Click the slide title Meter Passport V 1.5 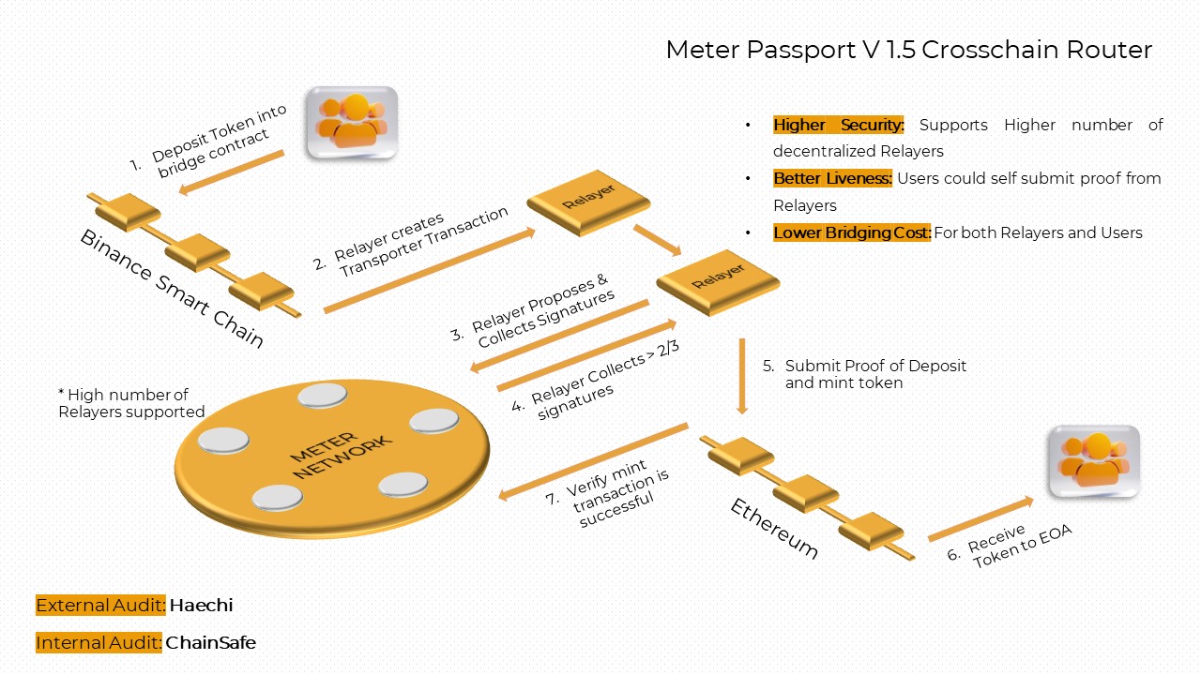pos(908,50)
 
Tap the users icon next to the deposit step pos(352,123)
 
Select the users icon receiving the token pos(1094,461)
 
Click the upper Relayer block pos(588,201)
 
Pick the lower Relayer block pos(718,280)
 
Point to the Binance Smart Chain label pos(172,287)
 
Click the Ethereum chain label pos(774,528)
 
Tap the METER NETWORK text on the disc pos(336,456)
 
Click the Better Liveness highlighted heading pos(832,178)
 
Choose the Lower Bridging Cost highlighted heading pos(851,232)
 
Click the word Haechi pos(201,606)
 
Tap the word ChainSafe pos(210,643)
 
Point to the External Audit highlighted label pos(100,606)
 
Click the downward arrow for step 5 pos(742,375)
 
